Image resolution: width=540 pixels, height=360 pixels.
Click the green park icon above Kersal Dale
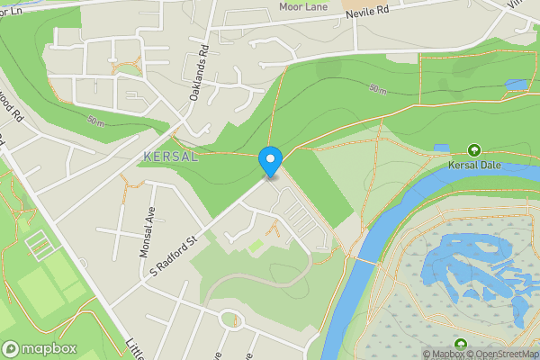click(473, 149)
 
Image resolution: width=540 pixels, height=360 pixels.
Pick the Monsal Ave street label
click(148, 231)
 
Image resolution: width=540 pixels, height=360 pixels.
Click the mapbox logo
click(40, 348)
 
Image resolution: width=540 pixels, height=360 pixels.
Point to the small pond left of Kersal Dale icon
click(441, 147)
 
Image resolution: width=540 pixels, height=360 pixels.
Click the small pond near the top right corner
click(516, 84)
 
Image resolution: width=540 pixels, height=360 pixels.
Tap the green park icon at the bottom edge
click(462, 345)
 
